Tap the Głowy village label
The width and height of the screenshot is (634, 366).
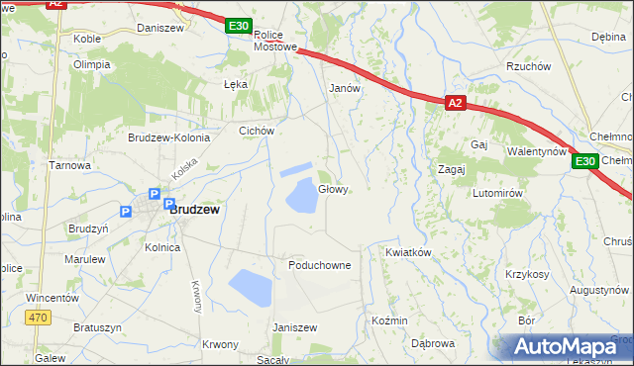tap(333, 190)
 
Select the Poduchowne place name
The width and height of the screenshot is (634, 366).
tap(319, 265)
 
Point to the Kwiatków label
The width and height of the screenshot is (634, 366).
tap(408, 252)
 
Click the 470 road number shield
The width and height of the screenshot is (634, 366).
tap(38, 318)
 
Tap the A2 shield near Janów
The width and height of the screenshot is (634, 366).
tap(455, 102)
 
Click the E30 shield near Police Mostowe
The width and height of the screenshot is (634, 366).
tap(238, 27)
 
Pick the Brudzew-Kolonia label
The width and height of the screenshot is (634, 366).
tap(168, 137)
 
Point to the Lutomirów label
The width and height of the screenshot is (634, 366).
tap(497, 193)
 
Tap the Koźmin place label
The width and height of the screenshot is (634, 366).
tap(389, 321)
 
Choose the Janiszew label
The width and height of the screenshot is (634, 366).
tap(294, 327)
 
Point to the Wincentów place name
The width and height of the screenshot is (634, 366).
tap(53, 297)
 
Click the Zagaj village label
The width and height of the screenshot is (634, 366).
tap(452, 169)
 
